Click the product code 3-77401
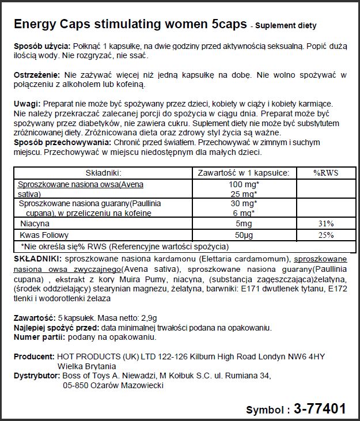click(320, 409)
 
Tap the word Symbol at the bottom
click(264, 410)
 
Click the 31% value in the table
click(323, 223)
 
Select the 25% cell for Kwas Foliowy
click(323, 235)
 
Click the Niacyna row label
click(35, 223)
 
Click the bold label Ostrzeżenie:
click(37, 75)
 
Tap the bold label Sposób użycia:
click(41, 46)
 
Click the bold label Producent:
click(33, 356)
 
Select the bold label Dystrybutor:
click(36, 376)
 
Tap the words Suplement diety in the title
click(286, 26)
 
